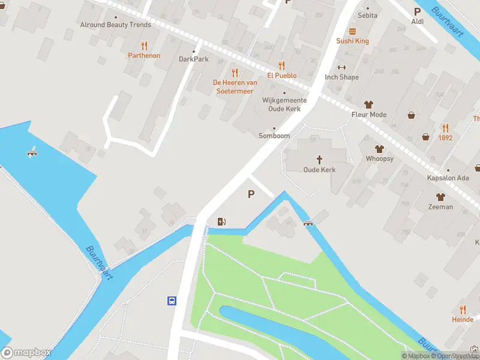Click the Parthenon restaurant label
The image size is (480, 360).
point(144,55)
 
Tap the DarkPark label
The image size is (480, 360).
point(194,59)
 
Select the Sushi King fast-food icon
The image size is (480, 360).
point(352,31)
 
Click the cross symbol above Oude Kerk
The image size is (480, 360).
point(319,160)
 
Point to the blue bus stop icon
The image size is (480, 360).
point(172,301)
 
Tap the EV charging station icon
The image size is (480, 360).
point(222,222)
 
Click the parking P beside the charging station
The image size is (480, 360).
point(251,194)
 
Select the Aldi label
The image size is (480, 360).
point(418,22)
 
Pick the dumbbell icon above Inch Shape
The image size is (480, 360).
point(342,67)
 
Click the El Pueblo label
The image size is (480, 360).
point(282,76)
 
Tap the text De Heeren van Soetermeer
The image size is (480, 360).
point(235,86)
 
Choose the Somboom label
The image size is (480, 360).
point(274,136)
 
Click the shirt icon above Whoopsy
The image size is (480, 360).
point(379,148)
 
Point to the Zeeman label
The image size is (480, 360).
point(440,206)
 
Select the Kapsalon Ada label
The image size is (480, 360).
point(447,179)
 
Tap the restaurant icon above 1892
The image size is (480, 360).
point(445,127)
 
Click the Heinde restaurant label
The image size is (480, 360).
point(463,320)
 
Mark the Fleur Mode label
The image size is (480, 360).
point(369,115)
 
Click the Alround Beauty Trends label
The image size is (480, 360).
point(116,25)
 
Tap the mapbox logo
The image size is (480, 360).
point(26,353)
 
